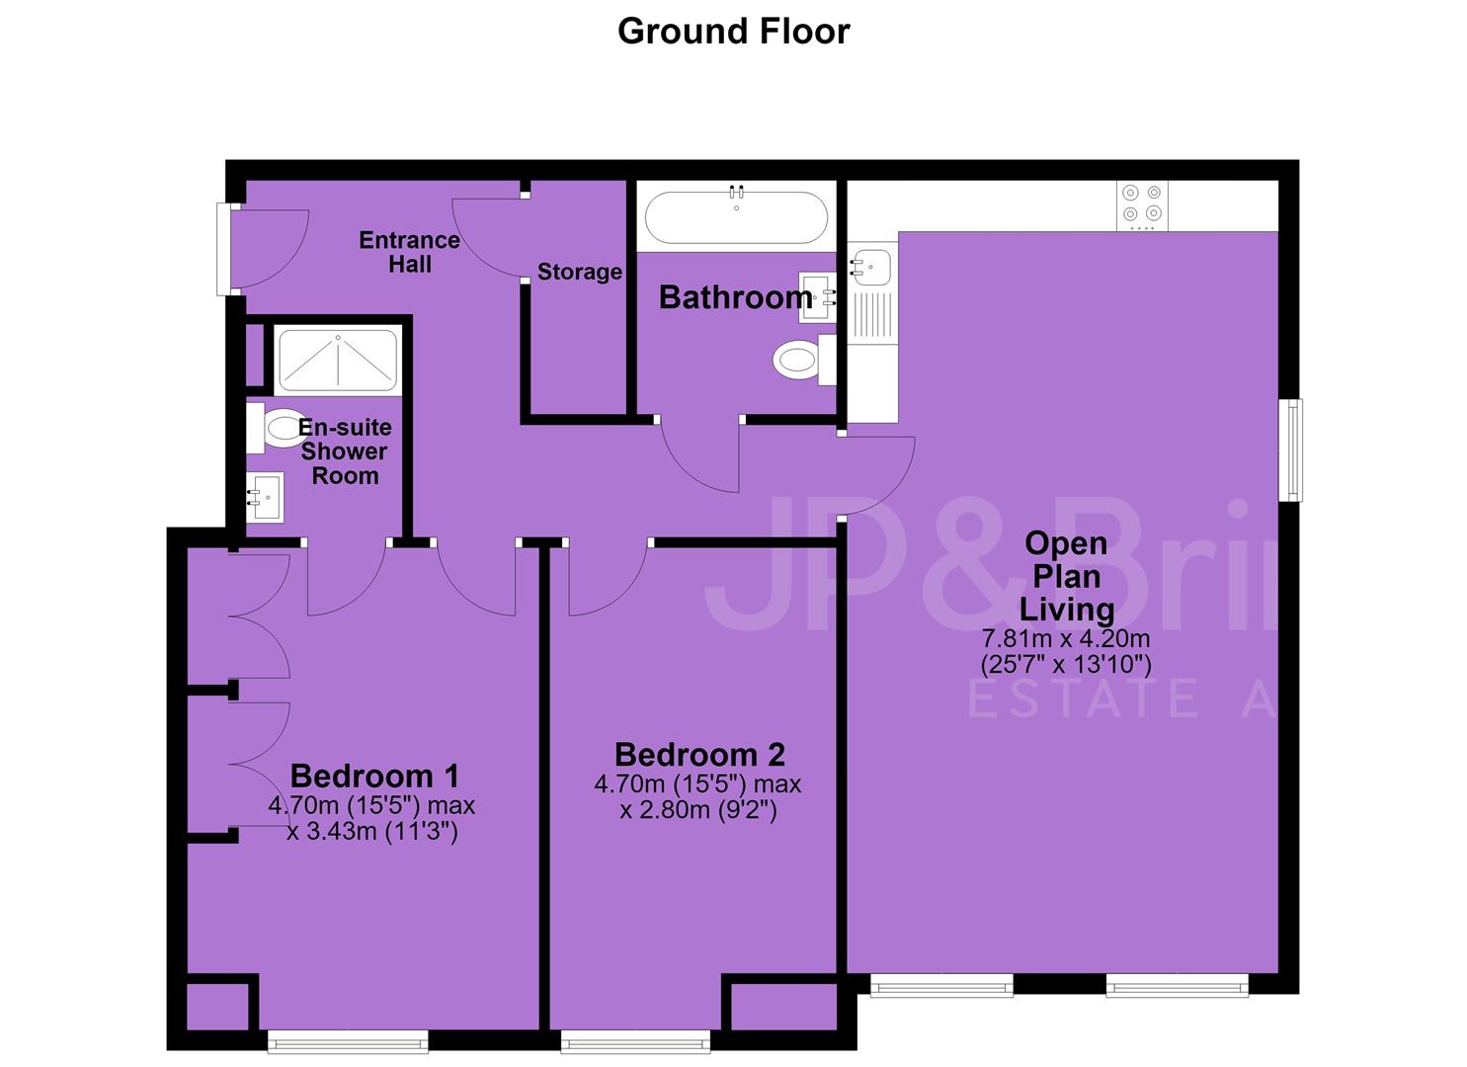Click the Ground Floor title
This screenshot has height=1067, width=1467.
[733, 32]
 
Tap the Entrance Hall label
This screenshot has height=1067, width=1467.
[409, 252]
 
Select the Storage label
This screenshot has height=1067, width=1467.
[580, 271]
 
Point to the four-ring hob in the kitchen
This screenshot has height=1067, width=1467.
[1142, 205]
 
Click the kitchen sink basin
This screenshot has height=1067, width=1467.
[869, 267]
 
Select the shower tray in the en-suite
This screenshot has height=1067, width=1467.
[338, 361]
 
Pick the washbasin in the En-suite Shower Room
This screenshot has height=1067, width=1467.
[265, 497]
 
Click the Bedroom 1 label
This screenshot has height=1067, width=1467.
[374, 777]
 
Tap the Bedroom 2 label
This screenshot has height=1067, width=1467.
[699, 755]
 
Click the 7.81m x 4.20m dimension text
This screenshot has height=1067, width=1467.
[1066, 638]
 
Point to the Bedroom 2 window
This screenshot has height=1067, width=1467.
[635, 1041]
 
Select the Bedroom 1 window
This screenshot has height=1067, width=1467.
[348, 1041]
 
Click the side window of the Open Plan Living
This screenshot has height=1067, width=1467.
[1291, 450]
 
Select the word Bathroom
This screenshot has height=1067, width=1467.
[735, 297]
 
